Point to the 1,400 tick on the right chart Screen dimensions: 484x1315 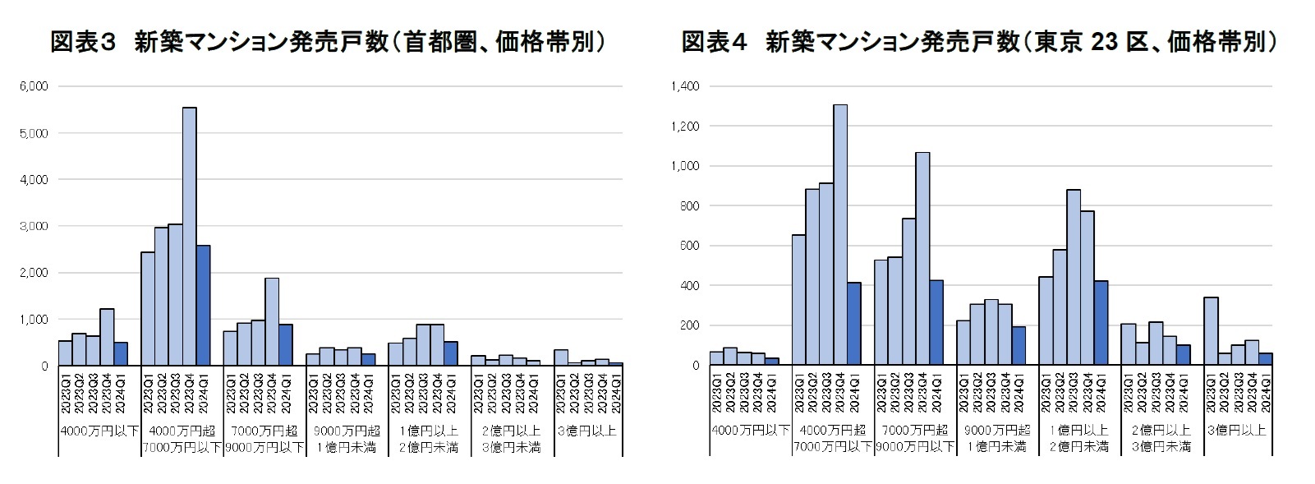coord(687,86)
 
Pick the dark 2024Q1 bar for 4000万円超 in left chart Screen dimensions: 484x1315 coord(203,305)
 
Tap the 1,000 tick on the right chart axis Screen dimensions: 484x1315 coord(687,166)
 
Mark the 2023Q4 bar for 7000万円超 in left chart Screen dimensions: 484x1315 coord(272,321)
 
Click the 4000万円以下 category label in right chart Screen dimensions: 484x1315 coord(750,430)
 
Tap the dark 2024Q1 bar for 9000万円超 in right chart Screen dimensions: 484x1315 coord(1018,346)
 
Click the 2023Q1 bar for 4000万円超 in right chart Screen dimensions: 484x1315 coord(798,300)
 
